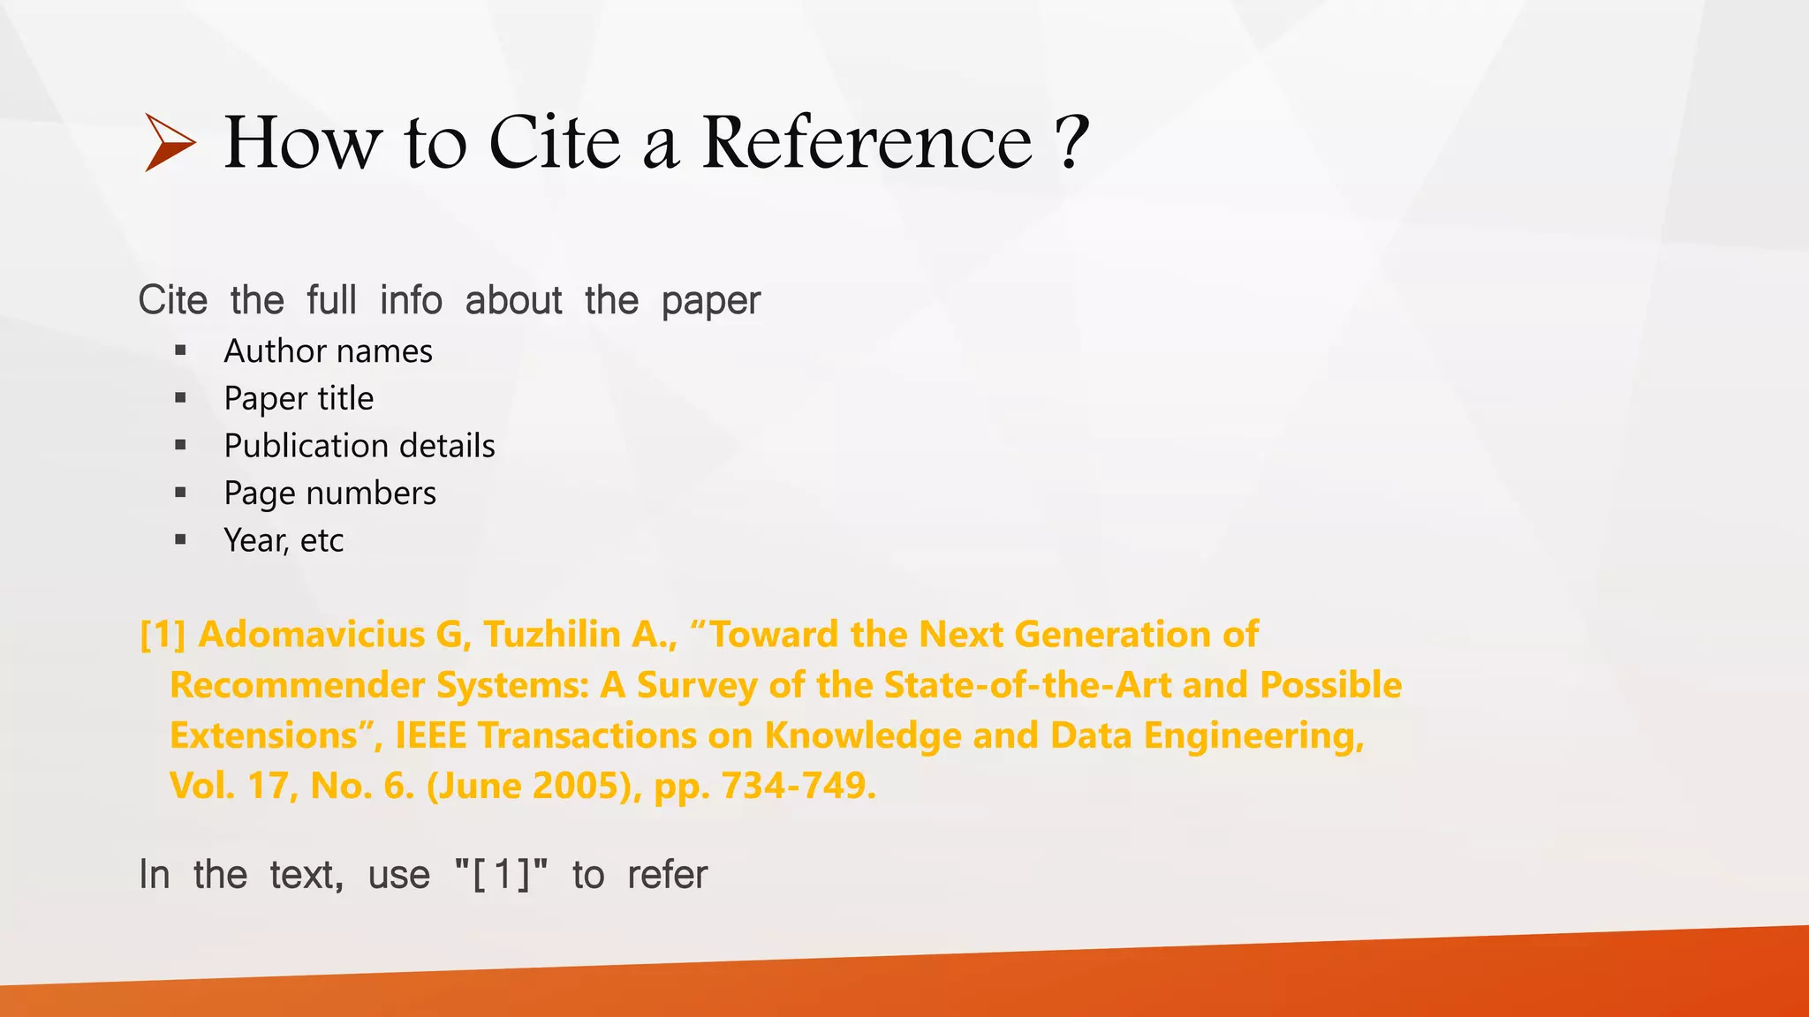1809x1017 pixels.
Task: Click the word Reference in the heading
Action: (x=867, y=142)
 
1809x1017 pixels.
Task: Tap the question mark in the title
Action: (x=1072, y=142)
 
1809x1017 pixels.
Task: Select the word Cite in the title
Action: (x=555, y=142)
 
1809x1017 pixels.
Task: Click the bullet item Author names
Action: (x=328, y=351)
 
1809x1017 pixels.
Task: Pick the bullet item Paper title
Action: (x=299, y=399)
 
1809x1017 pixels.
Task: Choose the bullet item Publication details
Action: (x=360, y=446)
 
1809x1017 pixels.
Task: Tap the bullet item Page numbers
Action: (x=329, y=493)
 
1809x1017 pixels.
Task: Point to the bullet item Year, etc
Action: (x=283, y=540)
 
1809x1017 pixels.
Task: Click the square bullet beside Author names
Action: (x=181, y=351)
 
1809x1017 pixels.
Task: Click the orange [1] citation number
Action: (x=163, y=635)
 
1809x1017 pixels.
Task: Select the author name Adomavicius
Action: (x=312, y=635)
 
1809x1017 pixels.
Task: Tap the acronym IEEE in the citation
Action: (x=430, y=735)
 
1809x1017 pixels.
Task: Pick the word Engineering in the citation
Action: (x=1253, y=735)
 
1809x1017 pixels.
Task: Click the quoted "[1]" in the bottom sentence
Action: (x=501, y=875)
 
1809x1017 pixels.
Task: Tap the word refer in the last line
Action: (x=667, y=875)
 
